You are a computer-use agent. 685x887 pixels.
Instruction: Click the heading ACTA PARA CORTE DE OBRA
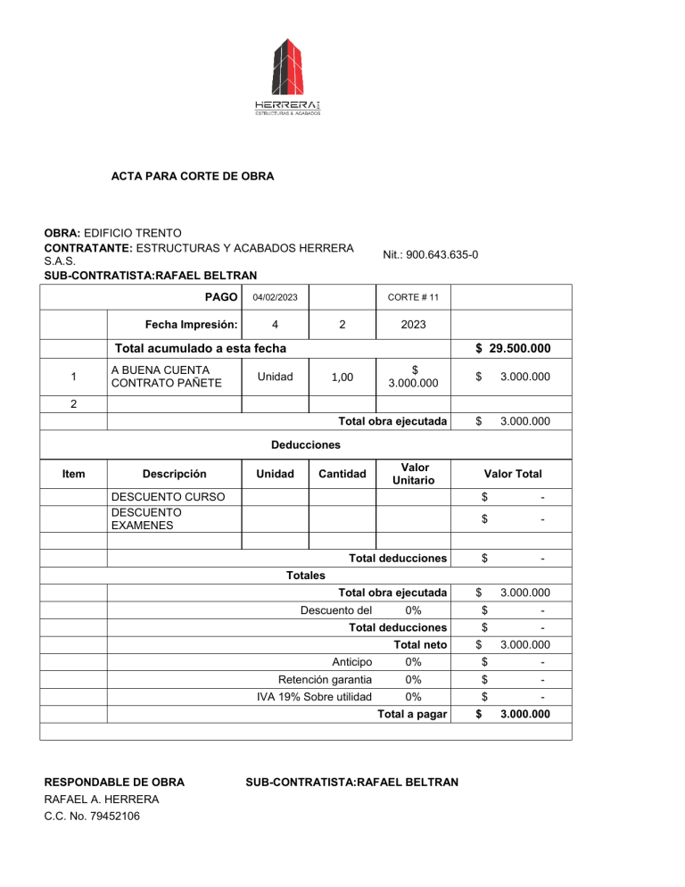click(x=192, y=177)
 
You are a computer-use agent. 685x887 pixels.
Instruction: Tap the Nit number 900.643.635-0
click(x=430, y=254)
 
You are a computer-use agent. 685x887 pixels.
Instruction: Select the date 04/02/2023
click(x=275, y=297)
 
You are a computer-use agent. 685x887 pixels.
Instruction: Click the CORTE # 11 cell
click(x=413, y=297)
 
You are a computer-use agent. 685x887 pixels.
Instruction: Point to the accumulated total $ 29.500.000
click(x=512, y=348)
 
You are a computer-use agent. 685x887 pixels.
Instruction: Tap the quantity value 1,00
click(x=341, y=377)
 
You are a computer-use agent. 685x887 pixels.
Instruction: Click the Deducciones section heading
click(x=306, y=443)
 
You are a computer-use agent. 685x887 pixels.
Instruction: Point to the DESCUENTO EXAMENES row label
click(x=145, y=519)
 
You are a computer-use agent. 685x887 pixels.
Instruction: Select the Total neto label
click(x=420, y=644)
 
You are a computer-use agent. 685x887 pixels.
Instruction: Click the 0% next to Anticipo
click(x=413, y=662)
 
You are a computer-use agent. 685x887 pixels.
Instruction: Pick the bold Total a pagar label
click(x=412, y=714)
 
